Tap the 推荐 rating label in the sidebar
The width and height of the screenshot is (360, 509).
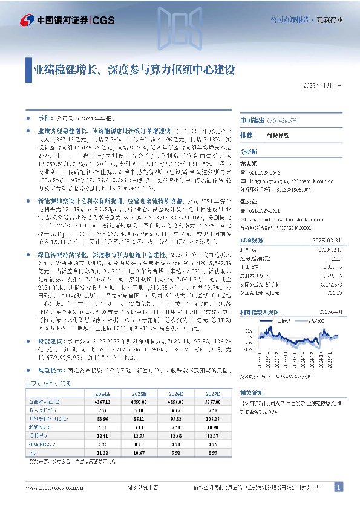point(246,135)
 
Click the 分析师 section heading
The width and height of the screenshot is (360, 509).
point(249,152)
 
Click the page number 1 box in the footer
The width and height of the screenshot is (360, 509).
point(339,487)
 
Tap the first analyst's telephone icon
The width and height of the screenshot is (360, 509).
point(244,172)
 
